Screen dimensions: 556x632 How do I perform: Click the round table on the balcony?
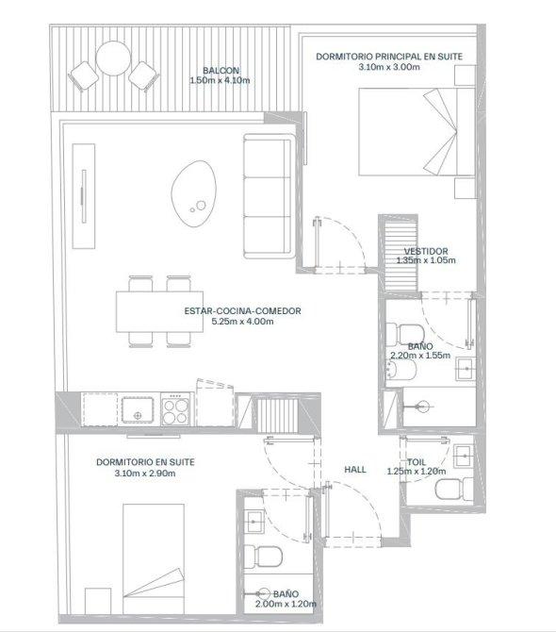[113, 58]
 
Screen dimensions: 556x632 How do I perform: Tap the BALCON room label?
[221, 71]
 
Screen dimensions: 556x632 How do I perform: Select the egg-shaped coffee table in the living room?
[194, 193]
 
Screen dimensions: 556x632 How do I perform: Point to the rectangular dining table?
[159, 311]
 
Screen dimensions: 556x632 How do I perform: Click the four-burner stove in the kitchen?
[175, 409]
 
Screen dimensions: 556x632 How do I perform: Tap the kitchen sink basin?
[138, 410]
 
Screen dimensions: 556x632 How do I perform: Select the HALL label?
[355, 470]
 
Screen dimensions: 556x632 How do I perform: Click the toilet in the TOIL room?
[453, 489]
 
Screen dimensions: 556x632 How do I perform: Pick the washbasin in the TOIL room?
[464, 456]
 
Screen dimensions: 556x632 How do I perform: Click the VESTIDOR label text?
[426, 251]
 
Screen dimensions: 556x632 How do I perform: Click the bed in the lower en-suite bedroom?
[154, 558]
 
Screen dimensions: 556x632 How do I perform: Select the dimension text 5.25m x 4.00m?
[242, 322]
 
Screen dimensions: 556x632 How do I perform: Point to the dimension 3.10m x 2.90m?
[145, 474]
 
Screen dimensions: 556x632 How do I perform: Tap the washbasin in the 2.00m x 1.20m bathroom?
[254, 522]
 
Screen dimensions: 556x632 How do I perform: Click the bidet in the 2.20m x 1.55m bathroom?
[401, 370]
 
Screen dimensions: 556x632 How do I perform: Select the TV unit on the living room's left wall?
[84, 196]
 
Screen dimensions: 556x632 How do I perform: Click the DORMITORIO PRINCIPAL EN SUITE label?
[389, 57]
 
